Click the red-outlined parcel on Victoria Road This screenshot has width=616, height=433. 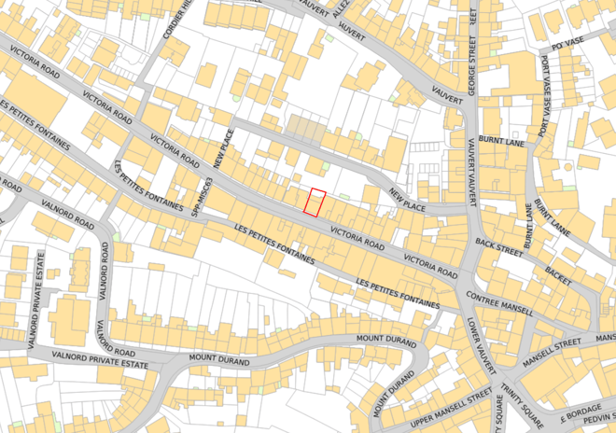(315, 203)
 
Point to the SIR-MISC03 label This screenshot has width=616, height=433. (196, 197)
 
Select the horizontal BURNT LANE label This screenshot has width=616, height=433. (497, 139)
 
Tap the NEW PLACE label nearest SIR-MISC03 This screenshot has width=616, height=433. (221, 148)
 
